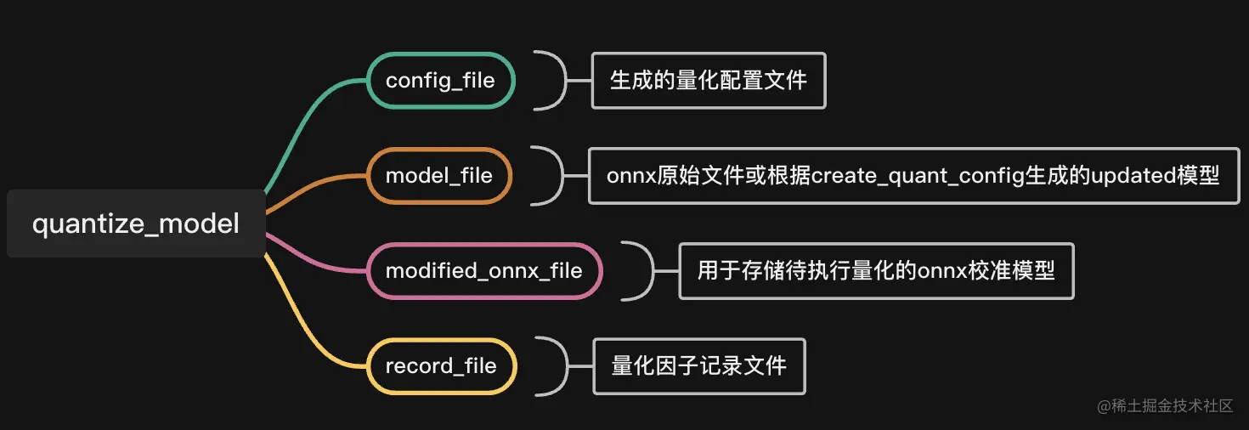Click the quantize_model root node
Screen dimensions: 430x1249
136,224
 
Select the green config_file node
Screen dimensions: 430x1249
440,81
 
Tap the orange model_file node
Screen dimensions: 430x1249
438,176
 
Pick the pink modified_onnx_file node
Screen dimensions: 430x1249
483,271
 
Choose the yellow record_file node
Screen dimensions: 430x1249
440,366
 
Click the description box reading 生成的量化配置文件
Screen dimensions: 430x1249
708,81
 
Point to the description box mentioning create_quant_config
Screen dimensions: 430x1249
913,176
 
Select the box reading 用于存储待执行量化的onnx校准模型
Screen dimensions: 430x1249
875,271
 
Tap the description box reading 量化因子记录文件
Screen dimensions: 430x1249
698,366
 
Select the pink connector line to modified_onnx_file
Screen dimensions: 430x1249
314,258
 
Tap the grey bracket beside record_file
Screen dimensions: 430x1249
558,366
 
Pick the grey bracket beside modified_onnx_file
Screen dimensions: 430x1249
646,271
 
